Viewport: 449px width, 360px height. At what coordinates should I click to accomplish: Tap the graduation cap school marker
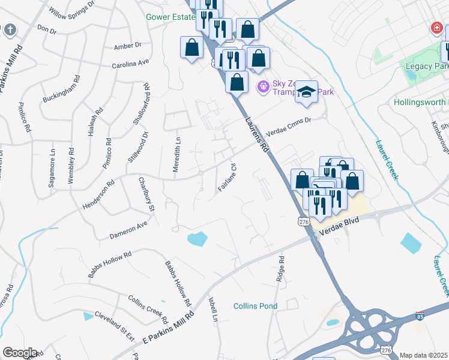click(307, 92)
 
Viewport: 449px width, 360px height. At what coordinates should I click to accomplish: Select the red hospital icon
click(436, 28)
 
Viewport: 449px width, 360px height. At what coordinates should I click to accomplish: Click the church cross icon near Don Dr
click(10, 29)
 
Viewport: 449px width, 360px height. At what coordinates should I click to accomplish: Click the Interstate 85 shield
click(420, 316)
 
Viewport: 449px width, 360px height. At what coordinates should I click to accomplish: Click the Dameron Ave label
click(128, 230)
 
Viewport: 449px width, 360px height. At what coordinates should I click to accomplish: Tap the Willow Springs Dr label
click(72, 11)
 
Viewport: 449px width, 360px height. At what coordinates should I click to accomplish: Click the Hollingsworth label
click(421, 103)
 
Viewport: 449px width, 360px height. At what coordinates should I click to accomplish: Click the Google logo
click(20, 353)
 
